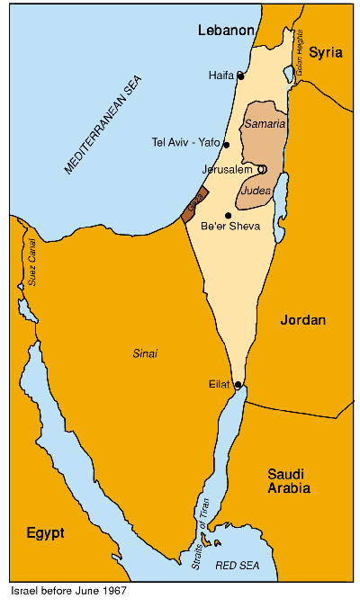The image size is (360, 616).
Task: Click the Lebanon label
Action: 227,31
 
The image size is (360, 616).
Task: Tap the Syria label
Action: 326,52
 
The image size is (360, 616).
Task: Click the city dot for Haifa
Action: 240,76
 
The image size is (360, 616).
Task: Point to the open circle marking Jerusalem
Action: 262,169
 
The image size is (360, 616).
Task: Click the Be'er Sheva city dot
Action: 229,215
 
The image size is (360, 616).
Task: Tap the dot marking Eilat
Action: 238,385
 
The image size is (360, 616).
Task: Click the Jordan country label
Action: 303,320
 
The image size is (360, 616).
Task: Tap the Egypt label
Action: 45,532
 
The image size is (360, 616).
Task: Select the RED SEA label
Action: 238,565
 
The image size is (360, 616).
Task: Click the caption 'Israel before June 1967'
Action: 68,592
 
